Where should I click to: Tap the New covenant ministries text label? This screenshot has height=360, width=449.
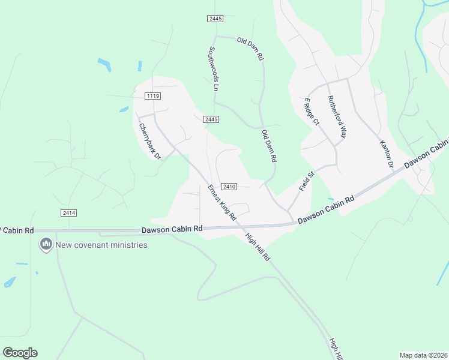click(101, 245)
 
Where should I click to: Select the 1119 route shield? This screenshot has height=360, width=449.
click(152, 96)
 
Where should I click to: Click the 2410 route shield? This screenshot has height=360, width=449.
click(228, 187)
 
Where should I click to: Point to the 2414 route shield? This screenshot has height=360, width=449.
click(68, 213)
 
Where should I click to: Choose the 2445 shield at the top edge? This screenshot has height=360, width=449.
click(215, 19)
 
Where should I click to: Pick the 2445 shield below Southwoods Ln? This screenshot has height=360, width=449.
click(210, 119)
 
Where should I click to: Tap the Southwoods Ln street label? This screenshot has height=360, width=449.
click(212, 69)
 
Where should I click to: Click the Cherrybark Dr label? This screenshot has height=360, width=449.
click(150, 141)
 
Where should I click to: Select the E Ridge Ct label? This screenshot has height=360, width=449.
click(312, 112)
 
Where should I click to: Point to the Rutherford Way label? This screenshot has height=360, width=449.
click(337, 116)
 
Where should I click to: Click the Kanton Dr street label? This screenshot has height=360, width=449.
click(386, 154)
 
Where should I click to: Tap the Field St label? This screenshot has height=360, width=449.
click(307, 182)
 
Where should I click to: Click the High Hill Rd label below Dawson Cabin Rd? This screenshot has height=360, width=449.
click(259, 247)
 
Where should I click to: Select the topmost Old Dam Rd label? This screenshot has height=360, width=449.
click(250, 49)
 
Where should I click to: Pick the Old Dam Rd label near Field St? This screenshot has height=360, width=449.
click(268, 146)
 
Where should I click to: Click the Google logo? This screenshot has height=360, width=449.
click(20, 352)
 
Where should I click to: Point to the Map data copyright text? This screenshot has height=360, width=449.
click(424, 355)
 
